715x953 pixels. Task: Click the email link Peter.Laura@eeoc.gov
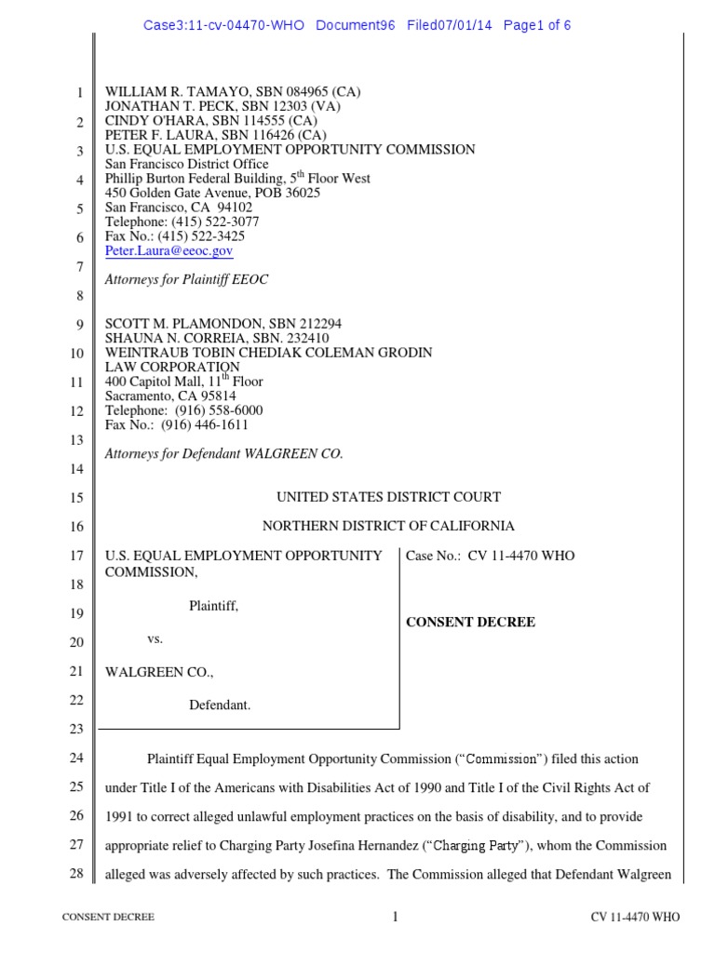tap(169, 250)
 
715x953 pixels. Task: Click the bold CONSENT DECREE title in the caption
tap(470, 622)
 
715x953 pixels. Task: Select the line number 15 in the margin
tap(77, 499)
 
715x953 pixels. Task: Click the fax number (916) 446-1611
tap(205, 424)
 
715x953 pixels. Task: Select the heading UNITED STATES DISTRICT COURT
tap(388, 498)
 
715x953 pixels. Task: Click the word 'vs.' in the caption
tap(155, 639)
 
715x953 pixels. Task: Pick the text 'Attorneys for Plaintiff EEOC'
tap(186, 279)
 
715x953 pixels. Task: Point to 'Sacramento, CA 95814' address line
tap(169, 396)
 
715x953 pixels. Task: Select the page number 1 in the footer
tap(395, 917)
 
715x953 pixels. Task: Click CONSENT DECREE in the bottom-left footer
tap(108, 918)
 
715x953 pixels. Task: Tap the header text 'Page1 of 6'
tap(536, 25)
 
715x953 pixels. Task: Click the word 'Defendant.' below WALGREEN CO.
tap(220, 705)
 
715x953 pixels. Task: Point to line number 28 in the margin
tap(77, 873)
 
